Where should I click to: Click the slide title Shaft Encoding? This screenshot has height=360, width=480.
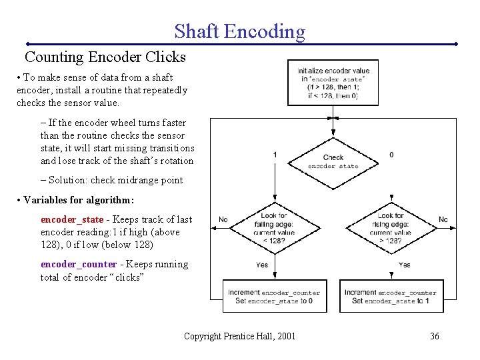pyautogui.click(x=239, y=31)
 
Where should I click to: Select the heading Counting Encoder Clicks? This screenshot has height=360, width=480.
pyautogui.click(x=105, y=57)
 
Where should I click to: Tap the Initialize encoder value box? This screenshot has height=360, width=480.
pyautogui.click(x=333, y=83)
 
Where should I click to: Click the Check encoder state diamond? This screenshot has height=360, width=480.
pyautogui.click(x=333, y=161)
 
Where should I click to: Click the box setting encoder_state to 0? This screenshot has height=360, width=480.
pyautogui.click(x=273, y=297)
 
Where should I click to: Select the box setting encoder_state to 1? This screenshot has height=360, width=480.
pyautogui.click(x=390, y=297)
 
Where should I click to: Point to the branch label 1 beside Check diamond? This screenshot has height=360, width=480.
pyautogui.click(x=275, y=155)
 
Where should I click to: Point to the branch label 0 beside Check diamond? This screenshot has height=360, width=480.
pyautogui.click(x=391, y=155)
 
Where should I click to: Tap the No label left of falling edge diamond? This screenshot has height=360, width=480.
pyautogui.click(x=223, y=219)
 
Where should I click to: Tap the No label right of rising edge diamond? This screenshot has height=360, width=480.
pyautogui.click(x=443, y=219)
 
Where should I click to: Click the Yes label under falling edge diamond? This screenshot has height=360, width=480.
pyautogui.click(x=262, y=265)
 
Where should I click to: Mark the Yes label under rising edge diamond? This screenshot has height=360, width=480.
pyautogui.click(x=404, y=265)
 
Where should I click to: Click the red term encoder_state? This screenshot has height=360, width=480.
pyautogui.click(x=72, y=219)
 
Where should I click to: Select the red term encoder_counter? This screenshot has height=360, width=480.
pyautogui.click(x=78, y=264)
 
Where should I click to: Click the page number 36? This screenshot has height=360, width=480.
pyautogui.click(x=434, y=336)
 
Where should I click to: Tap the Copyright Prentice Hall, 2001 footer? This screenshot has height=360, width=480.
pyautogui.click(x=239, y=336)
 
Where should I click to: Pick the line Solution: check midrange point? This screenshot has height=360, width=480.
pyautogui.click(x=111, y=180)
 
